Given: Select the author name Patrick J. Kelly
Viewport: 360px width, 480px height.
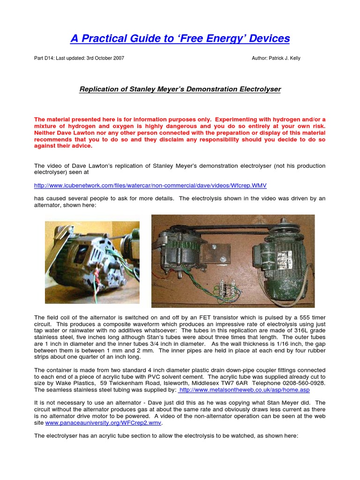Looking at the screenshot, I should point(283,58).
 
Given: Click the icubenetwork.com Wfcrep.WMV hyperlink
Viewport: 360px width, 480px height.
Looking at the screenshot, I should point(150,185).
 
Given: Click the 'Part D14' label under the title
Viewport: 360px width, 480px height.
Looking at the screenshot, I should point(44,58).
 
